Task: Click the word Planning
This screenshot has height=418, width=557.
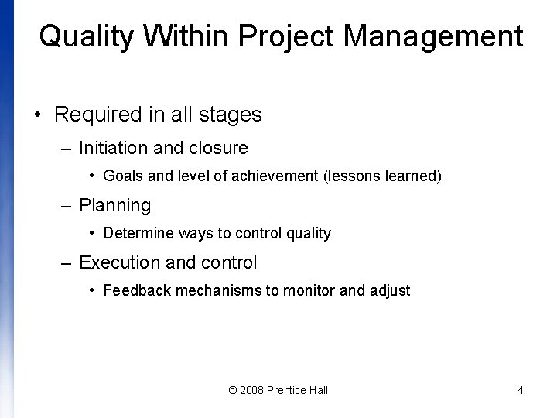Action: click(x=114, y=205)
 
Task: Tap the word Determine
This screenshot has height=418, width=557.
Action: click(x=138, y=233)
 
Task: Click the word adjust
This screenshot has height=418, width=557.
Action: click(x=390, y=291)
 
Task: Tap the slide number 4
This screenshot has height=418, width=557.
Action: click(x=520, y=390)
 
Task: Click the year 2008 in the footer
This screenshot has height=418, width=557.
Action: click(x=251, y=390)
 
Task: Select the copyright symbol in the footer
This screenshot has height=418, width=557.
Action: click(x=233, y=390)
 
